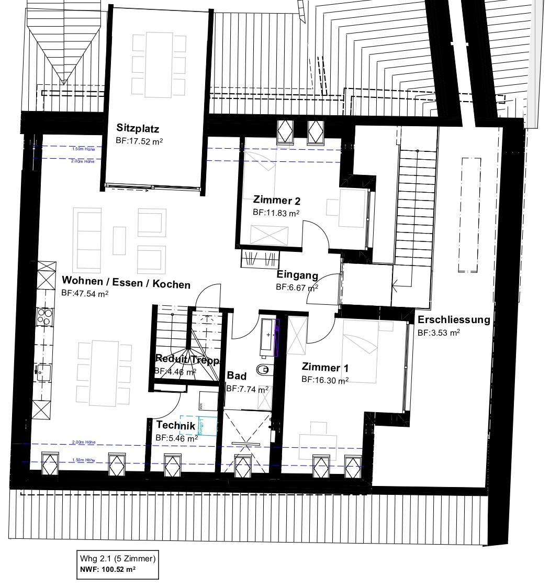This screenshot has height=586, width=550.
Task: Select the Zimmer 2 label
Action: pyautogui.click(x=276, y=201)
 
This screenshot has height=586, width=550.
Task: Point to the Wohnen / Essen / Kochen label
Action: pyautogui.click(x=126, y=284)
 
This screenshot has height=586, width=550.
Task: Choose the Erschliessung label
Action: pyautogui.click(x=453, y=320)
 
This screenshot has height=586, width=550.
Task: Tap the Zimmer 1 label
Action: pyautogui.click(x=325, y=368)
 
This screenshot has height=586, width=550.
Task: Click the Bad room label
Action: pyautogui.click(x=237, y=376)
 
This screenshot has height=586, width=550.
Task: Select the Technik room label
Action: pyautogui.click(x=175, y=425)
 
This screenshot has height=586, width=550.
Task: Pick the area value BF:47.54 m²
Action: pyautogui.click(x=85, y=294)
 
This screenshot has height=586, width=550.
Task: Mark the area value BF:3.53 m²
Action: pyautogui.click(x=439, y=333)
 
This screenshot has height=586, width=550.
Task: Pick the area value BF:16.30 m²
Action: pyautogui.click(x=325, y=380)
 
